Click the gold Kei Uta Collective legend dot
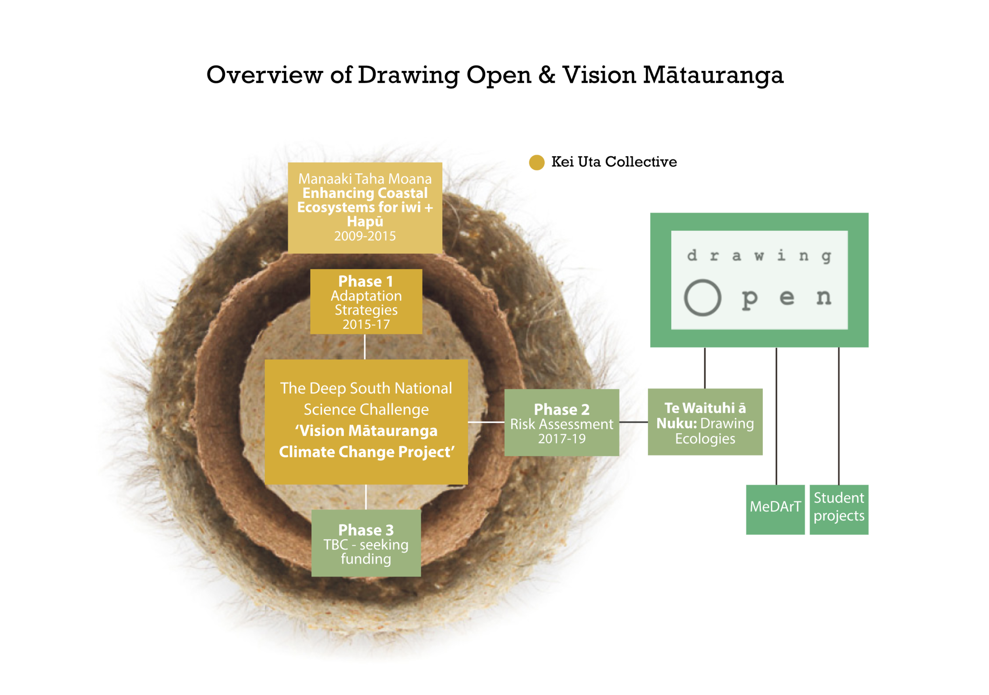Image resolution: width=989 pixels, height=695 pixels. click(537, 162)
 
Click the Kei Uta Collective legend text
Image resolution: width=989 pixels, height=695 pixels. click(614, 162)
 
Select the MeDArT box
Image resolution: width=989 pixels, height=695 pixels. click(775, 510)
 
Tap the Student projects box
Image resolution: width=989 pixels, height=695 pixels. click(839, 510)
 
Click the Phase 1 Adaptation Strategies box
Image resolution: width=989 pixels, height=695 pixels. click(366, 302)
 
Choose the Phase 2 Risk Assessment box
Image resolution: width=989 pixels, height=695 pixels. click(562, 423)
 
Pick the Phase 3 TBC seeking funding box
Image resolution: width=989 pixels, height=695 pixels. click(366, 543)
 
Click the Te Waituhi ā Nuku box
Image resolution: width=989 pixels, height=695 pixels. click(705, 422)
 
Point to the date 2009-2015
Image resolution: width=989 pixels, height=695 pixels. click(365, 236)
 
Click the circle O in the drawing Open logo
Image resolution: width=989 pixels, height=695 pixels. click(703, 298)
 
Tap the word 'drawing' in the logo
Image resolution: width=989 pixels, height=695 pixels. click(759, 256)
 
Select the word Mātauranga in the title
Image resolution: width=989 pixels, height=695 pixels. click(713, 76)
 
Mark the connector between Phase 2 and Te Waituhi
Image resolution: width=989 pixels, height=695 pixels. click(633, 422)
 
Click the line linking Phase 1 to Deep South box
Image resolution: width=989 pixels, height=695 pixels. click(365, 347)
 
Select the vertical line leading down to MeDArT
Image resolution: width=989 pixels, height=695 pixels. click(776, 416)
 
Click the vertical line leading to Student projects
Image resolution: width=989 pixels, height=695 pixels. click(839, 416)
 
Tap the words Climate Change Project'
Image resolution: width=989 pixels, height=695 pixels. click(367, 452)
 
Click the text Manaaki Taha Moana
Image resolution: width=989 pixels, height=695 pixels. click(365, 179)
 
